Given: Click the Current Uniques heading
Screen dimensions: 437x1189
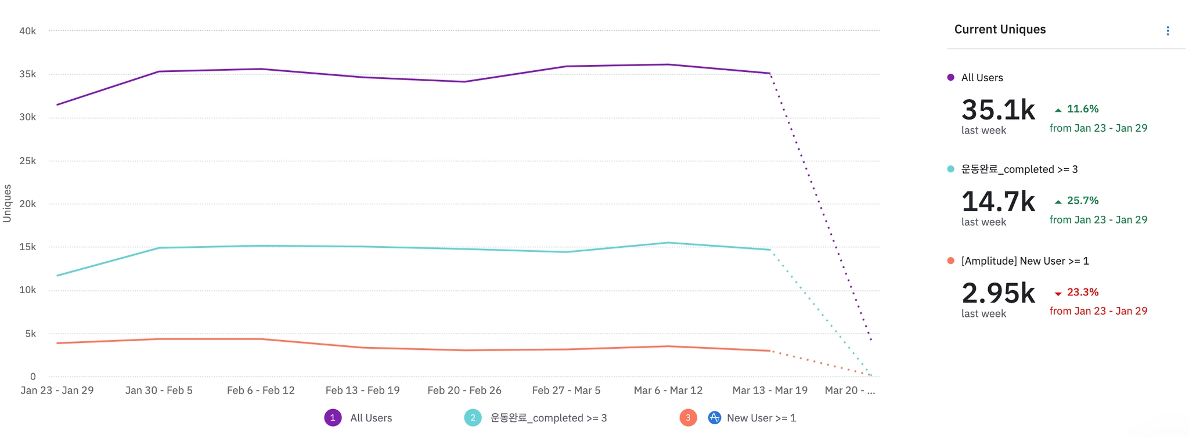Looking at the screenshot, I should tap(1000, 30).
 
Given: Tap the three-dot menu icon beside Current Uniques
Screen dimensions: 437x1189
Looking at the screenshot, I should tap(1168, 31).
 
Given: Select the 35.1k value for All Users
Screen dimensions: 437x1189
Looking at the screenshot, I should tap(998, 110).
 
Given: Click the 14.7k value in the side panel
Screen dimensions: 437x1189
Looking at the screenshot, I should tap(998, 201).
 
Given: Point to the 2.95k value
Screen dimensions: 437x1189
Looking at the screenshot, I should tap(998, 293).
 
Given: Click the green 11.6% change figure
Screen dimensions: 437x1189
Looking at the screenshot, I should tap(1082, 109).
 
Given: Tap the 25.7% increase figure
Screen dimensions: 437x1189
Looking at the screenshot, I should tap(1082, 201).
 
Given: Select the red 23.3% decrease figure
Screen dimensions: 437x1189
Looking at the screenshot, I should tap(1082, 292).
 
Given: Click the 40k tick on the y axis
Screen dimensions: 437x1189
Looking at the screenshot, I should tap(27, 31).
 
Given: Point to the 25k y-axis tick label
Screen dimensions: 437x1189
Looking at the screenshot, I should tap(27, 161).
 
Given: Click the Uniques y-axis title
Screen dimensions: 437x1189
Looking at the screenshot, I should tap(8, 203).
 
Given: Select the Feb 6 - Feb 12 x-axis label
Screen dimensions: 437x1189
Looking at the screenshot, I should tap(261, 391).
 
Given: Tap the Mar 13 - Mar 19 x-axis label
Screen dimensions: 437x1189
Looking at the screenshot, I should tap(770, 391).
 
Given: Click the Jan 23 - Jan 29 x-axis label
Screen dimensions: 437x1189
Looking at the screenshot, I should tap(57, 391).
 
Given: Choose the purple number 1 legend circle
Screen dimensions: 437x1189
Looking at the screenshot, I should tap(333, 418).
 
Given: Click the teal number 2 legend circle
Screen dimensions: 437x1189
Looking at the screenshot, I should tap(473, 418).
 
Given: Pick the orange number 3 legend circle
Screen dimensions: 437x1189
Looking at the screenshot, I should tap(688, 418).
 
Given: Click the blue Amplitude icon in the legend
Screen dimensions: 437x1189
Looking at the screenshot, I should tap(715, 418).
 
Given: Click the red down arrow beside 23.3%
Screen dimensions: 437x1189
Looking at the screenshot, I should tap(1058, 294).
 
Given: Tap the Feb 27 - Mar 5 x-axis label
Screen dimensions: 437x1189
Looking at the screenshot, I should tap(566, 391).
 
